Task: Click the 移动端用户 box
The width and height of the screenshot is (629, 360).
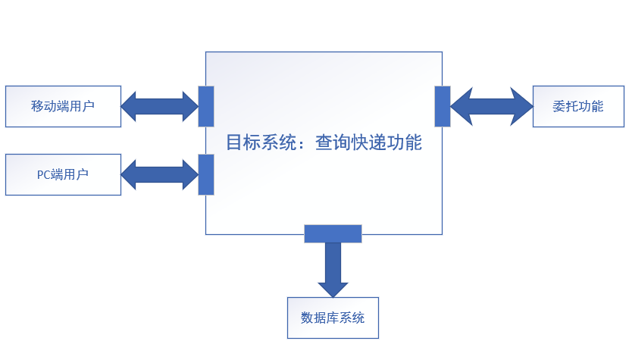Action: (x=63, y=106)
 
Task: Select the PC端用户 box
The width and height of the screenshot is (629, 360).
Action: (x=63, y=174)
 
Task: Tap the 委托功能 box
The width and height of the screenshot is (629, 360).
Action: (x=578, y=106)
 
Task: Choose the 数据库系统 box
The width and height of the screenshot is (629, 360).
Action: (x=333, y=318)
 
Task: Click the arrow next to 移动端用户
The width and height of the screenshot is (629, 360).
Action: (x=159, y=106)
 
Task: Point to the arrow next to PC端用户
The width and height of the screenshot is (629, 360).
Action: (x=159, y=174)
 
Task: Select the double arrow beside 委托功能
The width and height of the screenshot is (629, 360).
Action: (x=492, y=106)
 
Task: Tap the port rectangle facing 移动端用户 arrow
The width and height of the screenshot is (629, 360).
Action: (x=205, y=106)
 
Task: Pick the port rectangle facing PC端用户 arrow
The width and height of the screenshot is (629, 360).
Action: (x=205, y=174)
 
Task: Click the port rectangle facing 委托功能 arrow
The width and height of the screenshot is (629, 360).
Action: (x=443, y=106)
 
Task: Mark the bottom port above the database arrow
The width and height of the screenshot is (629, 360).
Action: (x=333, y=233)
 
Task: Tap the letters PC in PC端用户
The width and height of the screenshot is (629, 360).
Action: (x=44, y=175)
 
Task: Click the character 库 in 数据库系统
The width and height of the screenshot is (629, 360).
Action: (x=333, y=318)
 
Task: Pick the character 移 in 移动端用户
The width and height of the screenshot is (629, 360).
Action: (x=38, y=106)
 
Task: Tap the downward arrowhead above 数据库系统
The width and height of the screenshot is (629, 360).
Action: (x=333, y=289)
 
